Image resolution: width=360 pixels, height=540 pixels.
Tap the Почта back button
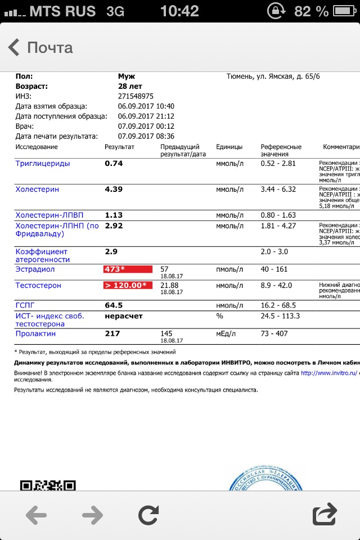point(40,47)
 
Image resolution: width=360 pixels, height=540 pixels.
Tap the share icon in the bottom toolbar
point(324,515)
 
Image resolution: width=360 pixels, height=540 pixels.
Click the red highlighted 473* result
point(128,269)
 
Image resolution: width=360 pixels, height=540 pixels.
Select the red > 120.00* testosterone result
point(128,286)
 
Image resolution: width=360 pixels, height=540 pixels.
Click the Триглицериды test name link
point(43,164)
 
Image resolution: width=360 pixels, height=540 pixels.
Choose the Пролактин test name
point(35,334)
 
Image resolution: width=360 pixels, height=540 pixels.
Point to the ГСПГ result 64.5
point(114,305)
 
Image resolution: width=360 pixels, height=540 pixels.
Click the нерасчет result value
point(124,316)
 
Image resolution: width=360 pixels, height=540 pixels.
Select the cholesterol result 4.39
point(114,190)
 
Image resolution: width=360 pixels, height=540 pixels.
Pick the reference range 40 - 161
point(274,269)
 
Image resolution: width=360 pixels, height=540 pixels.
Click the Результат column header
point(119,147)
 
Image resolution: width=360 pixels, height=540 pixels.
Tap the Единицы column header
point(229,147)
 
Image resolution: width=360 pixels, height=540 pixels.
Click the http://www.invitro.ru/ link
point(330,372)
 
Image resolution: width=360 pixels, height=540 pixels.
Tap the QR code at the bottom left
point(48,485)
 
